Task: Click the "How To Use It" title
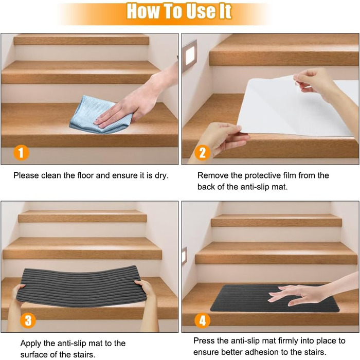(x=179, y=11)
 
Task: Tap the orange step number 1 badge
(x=21, y=153)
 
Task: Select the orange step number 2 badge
(x=202, y=153)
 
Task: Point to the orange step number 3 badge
(x=28, y=320)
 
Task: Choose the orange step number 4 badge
(x=202, y=320)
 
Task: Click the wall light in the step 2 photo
(x=190, y=55)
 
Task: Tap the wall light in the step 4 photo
(x=184, y=255)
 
